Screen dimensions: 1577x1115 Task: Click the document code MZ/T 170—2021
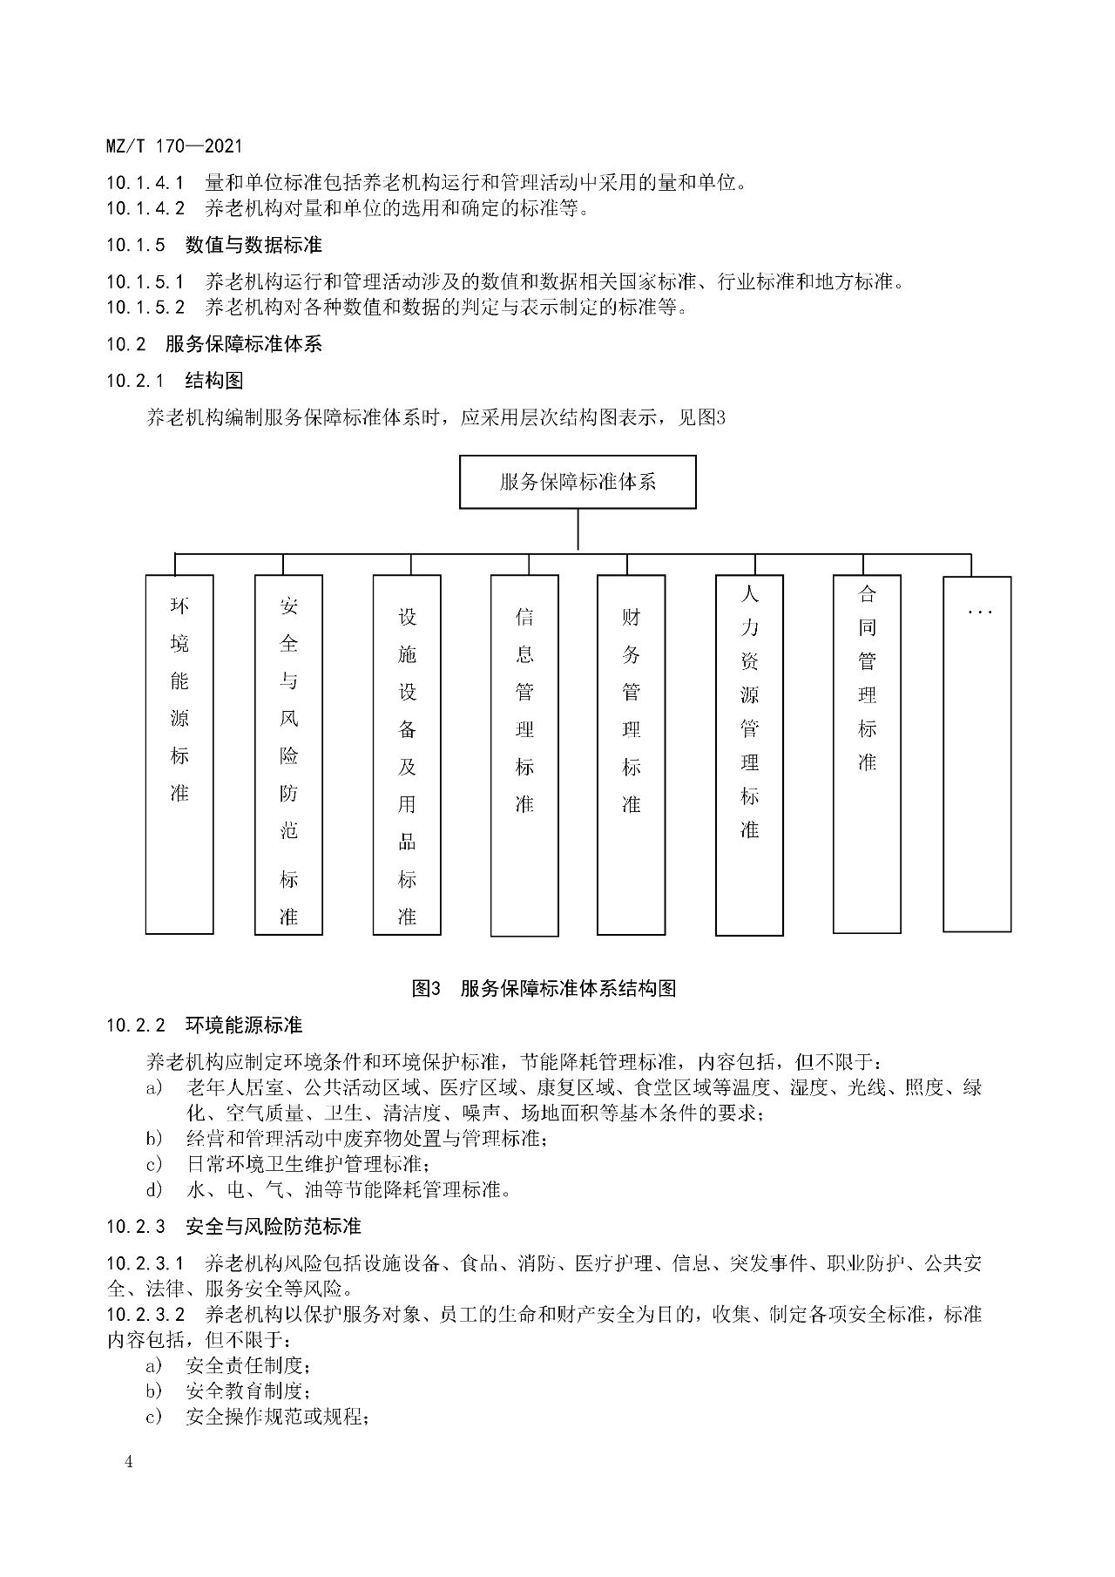174,146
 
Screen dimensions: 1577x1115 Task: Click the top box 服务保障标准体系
578,482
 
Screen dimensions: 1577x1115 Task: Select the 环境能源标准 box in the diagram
179,754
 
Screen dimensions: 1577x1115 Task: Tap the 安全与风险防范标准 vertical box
288,755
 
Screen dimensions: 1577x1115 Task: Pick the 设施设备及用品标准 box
407,755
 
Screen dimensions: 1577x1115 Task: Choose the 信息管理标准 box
524,755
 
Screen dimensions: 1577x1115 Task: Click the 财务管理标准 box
631,755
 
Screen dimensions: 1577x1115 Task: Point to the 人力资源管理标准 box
749,755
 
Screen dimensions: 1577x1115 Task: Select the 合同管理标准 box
867,754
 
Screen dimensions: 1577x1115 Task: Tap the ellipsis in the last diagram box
979,613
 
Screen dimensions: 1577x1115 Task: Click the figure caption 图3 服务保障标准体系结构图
544,988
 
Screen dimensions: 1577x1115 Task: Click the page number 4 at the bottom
129,1461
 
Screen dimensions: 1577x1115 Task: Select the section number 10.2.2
136,1025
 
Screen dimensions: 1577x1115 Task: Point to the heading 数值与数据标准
253,246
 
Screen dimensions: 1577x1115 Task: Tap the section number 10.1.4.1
145,183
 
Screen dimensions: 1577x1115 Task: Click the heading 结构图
214,381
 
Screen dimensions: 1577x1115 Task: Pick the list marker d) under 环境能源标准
154,1189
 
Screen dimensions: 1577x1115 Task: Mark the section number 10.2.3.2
145,1314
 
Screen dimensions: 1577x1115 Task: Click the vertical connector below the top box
578,530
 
